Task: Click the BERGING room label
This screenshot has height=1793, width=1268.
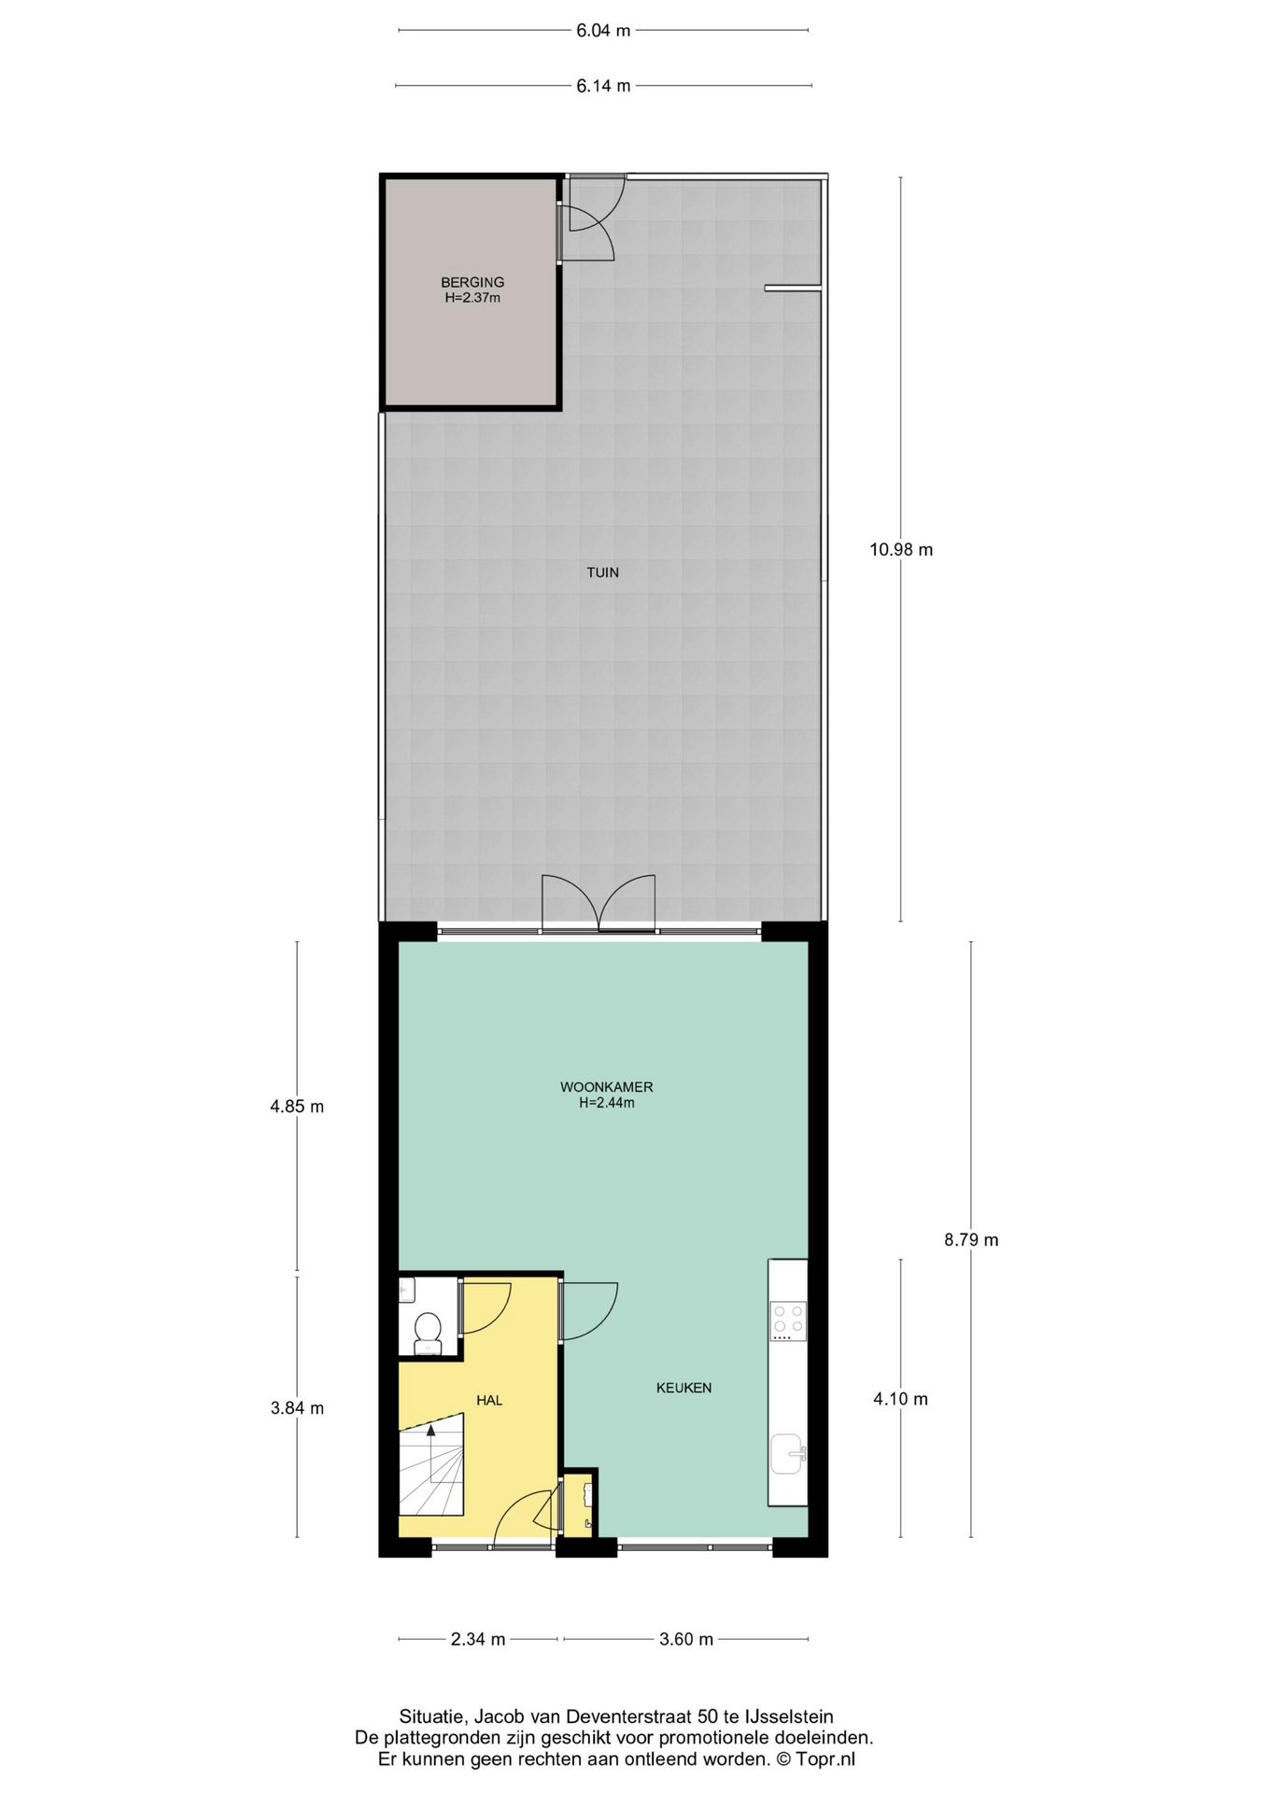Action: point(472,282)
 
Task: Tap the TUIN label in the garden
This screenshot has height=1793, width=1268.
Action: point(602,572)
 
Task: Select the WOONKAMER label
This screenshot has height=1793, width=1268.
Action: point(606,1087)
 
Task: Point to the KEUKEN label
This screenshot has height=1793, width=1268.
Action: point(683,1388)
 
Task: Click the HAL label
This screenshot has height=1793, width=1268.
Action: point(489,1400)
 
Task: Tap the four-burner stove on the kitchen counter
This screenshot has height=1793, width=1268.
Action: point(787,1321)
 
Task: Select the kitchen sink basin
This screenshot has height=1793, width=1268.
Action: point(786,1454)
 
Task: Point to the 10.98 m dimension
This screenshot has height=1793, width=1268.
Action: point(901,549)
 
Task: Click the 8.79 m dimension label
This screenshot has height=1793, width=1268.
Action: point(971,1240)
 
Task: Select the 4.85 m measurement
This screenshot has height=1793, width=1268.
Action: point(297,1107)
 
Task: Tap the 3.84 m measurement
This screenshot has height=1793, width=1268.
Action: point(297,1408)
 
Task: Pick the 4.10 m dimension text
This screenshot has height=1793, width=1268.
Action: point(901,1399)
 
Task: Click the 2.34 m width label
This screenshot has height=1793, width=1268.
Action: point(478,1639)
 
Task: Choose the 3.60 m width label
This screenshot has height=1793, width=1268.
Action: point(686,1639)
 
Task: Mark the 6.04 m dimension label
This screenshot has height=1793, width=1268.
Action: point(603,31)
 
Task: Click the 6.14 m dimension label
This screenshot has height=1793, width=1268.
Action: point(603,86)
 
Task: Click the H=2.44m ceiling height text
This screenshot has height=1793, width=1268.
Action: point(606,1103)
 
